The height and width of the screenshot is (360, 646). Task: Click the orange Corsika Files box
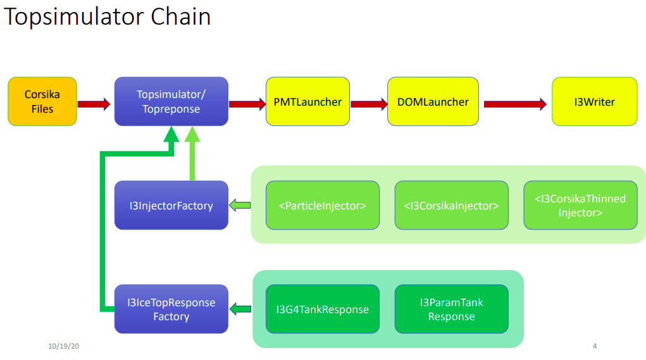(42, 101)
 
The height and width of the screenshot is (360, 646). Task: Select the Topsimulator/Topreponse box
(171, 101)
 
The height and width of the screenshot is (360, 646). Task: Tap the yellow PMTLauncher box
(307, 101)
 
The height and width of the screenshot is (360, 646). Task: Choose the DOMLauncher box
(433, 101)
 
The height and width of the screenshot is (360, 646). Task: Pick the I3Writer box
(595, 101)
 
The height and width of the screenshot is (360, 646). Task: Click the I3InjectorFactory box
(171, 205)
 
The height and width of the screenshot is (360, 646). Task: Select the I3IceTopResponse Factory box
(171, 309)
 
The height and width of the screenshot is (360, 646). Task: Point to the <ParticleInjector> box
(323, 205)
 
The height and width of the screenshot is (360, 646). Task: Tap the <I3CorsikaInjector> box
(452, 205)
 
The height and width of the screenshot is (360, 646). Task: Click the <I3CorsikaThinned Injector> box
(580, 205)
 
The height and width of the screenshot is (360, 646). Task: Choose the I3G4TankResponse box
(323, 309)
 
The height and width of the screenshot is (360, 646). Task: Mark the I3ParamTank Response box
(452, 309)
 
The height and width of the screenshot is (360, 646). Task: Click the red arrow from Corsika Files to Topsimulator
(94, 104)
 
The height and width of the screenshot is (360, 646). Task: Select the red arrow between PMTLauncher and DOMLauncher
(369, 104)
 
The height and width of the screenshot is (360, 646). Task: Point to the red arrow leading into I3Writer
(516, 104)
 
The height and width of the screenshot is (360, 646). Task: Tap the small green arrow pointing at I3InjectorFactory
(240, 205)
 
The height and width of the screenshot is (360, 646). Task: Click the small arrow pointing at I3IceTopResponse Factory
(240, 309)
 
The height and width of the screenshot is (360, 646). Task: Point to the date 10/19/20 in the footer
(63, 346)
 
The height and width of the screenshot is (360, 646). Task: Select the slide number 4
(595, 346)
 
